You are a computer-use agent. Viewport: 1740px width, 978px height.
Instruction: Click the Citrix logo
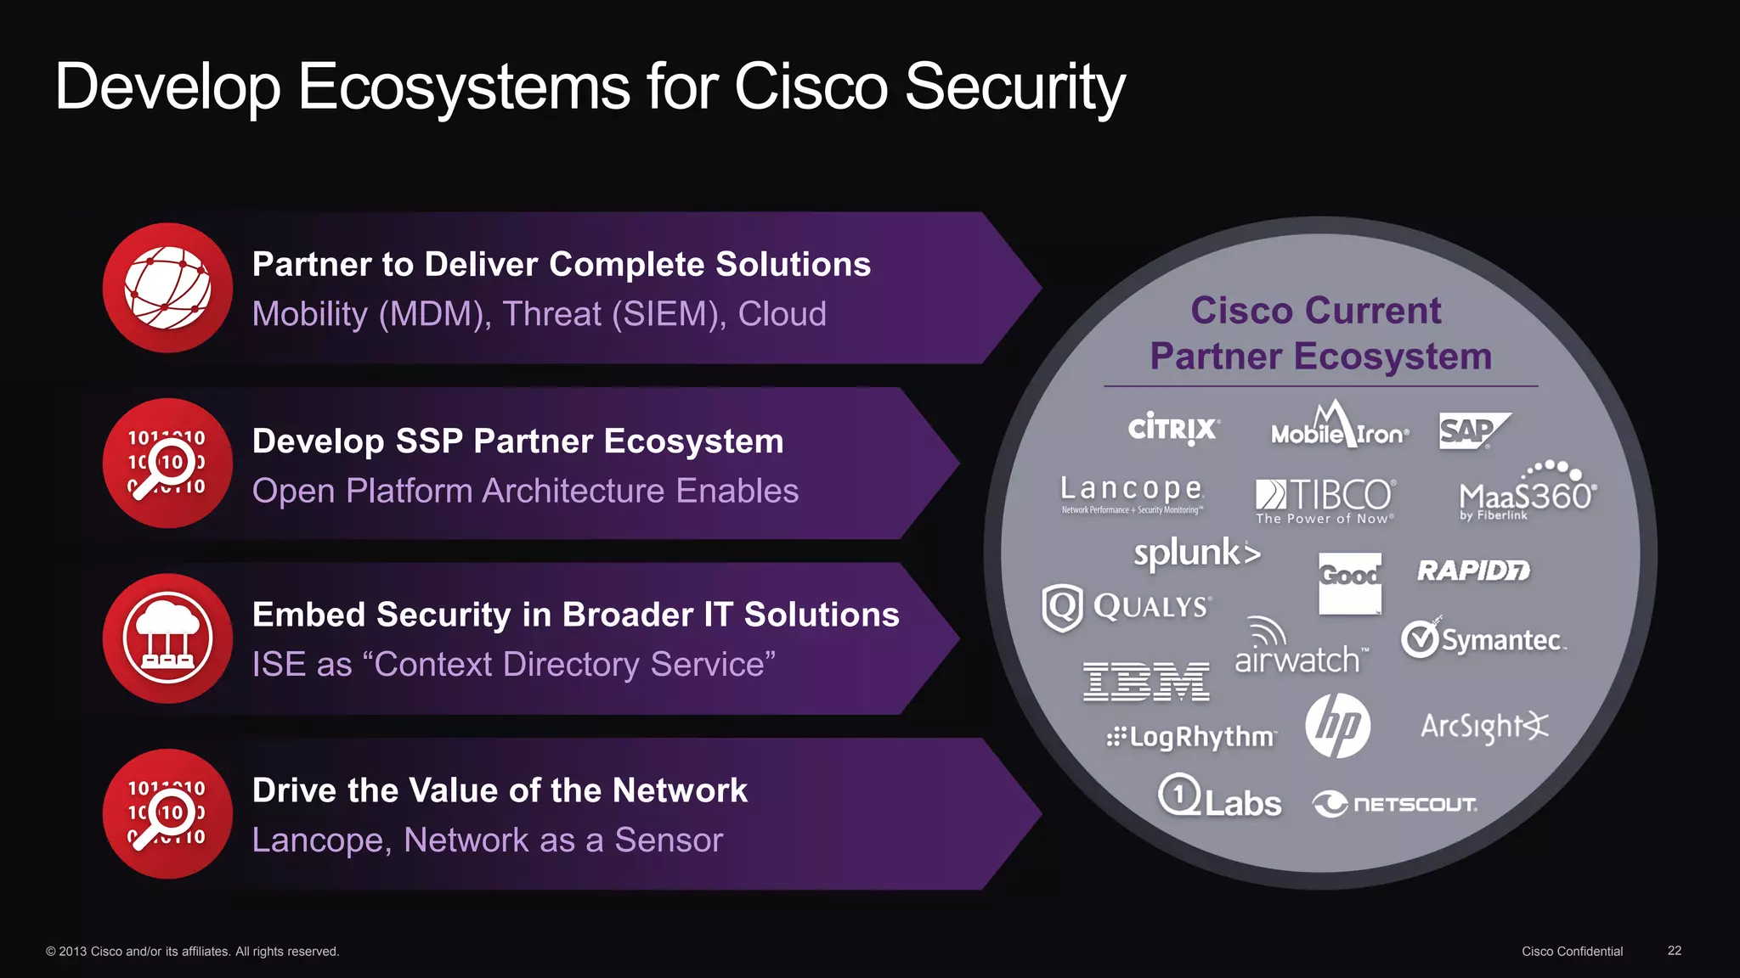(1173, 429)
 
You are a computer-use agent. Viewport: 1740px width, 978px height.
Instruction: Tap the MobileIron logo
(1339, 427)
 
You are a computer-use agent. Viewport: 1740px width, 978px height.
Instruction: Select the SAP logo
(1472, 430)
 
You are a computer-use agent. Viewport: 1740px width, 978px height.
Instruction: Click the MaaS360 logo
(1528, 493)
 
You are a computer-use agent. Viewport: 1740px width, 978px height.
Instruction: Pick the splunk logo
(1196, 554)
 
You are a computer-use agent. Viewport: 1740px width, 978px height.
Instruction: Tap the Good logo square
(1349, 582)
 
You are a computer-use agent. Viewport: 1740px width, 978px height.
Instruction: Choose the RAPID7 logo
(1473, 570)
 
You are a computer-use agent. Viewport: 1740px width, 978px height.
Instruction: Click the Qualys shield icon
(1062, 607)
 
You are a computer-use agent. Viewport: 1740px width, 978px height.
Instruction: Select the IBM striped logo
(1145, 682)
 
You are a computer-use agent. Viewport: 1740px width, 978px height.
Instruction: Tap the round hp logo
(1337, 726)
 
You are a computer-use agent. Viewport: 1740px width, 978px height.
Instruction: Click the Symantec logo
(1483, 639)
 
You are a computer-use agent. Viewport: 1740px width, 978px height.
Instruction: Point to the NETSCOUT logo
(1395, 803)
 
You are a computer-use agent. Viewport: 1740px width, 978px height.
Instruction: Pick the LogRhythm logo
(1191, 736)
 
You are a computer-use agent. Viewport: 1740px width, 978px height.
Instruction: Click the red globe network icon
(167, 288)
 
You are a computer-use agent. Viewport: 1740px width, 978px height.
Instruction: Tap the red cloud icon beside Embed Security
(167, 638)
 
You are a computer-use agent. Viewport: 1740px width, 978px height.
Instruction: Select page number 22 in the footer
(1674, 951)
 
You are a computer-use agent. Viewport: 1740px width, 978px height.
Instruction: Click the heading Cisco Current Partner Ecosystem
(1319, 334)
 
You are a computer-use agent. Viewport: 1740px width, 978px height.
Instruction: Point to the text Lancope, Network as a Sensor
(487, 840)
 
